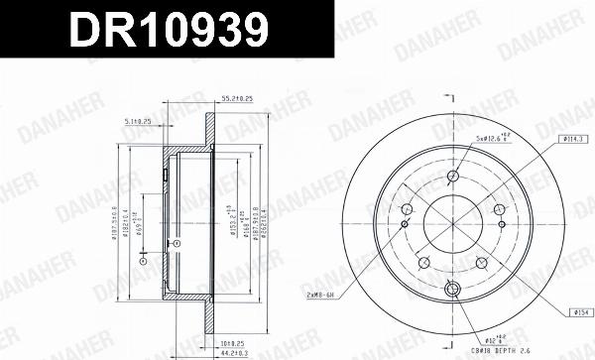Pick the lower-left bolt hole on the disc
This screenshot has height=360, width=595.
point(424,263)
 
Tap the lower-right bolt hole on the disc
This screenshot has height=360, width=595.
point(482,263)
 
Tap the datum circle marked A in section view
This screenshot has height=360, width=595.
point(175,243)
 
